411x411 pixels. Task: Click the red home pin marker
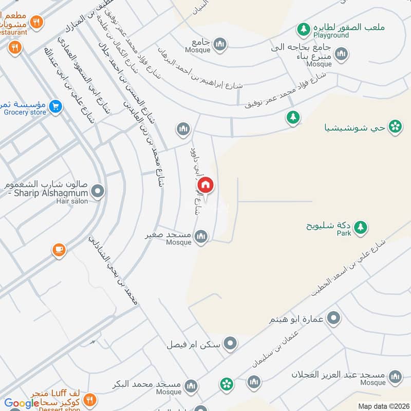[204, 185]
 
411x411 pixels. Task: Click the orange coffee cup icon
[59, 251]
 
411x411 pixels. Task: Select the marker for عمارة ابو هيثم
[334, 319]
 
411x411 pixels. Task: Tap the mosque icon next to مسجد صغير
[201, 236]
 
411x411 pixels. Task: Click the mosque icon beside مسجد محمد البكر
[191, 385]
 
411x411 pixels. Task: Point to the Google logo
[22, 404]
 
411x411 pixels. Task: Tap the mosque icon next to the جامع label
[220, 44]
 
